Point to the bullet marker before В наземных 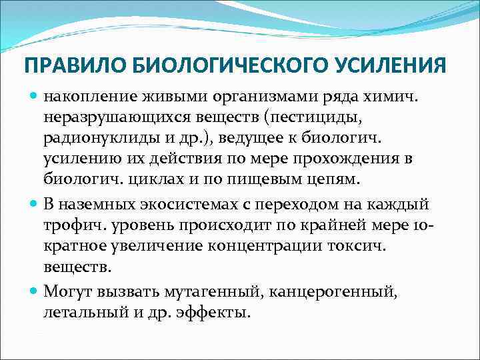tap(35, 203)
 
